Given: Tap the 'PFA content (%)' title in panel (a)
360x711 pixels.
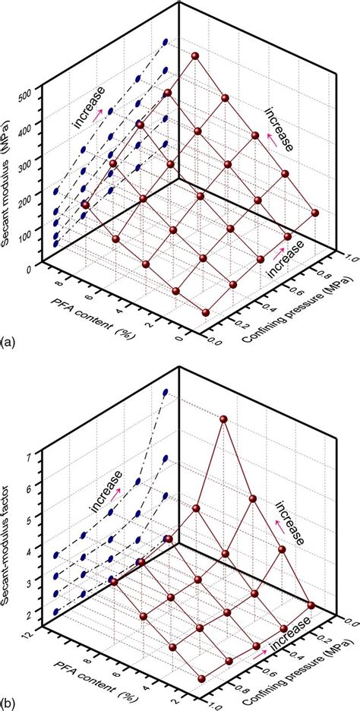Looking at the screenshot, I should (81, 303).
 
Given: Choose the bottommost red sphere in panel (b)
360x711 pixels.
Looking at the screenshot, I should (201, 678).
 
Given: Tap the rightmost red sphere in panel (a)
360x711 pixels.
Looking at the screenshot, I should (314, 213).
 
